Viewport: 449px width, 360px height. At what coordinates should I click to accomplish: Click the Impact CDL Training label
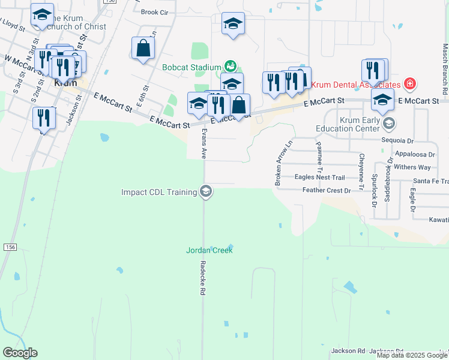click(159, 192)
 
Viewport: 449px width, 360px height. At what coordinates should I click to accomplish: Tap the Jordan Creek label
click(209, 250)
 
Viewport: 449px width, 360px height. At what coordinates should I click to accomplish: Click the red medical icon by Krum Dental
click(410, 83)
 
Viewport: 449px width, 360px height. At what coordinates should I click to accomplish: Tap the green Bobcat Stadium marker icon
click(230, 66)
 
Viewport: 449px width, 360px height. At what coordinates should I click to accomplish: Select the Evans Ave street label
click(204, 142)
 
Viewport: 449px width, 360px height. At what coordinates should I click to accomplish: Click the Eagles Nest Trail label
click(320, 178)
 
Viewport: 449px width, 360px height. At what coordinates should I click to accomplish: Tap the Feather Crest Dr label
click(327, 190)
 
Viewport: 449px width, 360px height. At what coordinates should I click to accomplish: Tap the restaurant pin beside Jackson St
click(44, 118)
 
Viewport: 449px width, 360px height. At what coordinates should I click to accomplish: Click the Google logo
click(20, 353)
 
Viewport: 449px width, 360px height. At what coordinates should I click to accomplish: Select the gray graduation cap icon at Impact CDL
click(206, 192)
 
